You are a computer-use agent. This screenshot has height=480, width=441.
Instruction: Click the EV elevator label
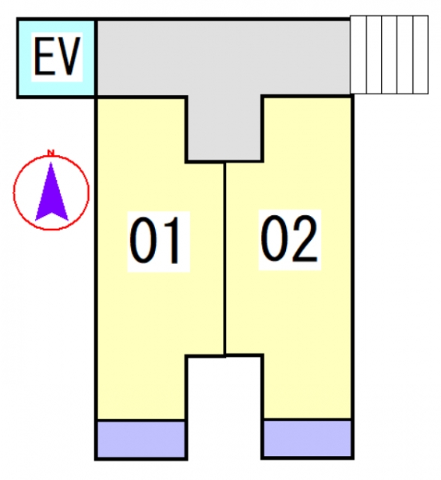[x=58, y=56]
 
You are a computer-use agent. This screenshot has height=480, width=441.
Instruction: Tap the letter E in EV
[x=44, y=56]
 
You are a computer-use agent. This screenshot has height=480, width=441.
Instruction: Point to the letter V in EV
[x=69, y=56]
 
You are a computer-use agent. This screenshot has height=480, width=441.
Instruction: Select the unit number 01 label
[x=155, y=240]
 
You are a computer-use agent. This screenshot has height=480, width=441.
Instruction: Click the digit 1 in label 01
[x=172, y=240]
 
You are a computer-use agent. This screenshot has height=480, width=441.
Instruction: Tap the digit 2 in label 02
[x=304, y=238]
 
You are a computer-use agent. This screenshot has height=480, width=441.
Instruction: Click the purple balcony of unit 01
[x=141, y=439]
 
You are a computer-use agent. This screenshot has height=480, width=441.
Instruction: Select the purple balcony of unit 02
[x=307, y=438]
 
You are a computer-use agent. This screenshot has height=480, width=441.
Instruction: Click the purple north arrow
[x=52, y=192]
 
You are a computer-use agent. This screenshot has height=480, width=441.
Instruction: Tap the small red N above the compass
[x=51, y=152]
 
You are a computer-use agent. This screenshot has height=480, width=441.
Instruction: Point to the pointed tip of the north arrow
[x=51, y=162]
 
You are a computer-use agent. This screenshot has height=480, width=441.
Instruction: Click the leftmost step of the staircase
[x=358, y=54]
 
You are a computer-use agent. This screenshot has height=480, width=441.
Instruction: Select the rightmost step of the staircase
[x=420, y=54]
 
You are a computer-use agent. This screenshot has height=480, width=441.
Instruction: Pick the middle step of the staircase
[x=389, y=54]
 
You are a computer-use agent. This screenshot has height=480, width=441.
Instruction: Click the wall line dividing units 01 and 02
[x=225, y=259]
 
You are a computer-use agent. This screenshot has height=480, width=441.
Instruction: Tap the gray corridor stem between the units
[x=224, y=128]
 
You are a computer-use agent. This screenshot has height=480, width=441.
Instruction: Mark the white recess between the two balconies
[x=224, y=407]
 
